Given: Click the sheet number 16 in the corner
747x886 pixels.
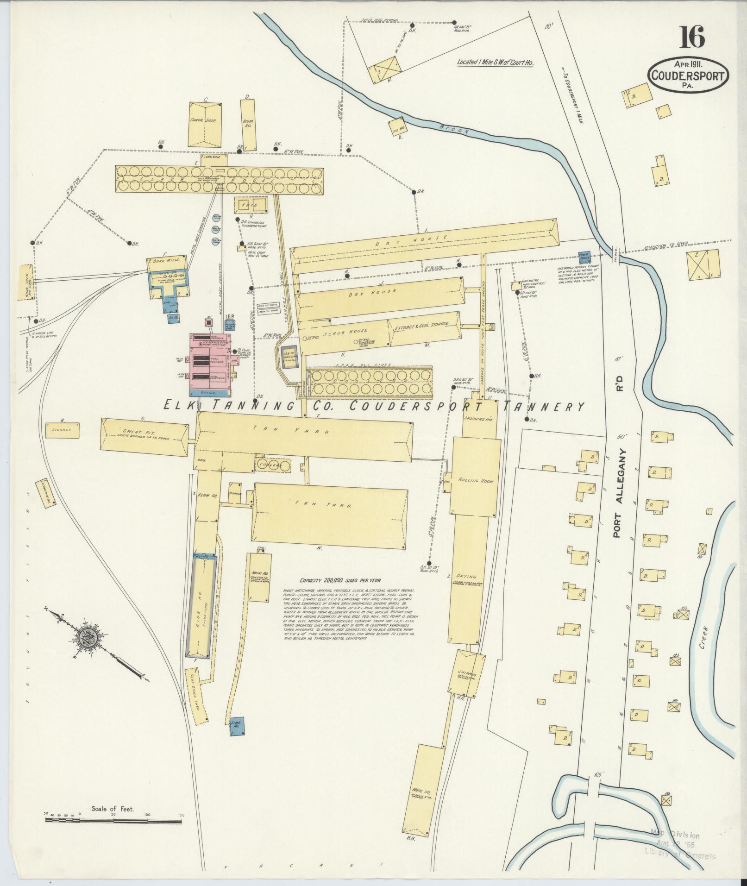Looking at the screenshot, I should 692,37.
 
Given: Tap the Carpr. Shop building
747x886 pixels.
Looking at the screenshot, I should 204,124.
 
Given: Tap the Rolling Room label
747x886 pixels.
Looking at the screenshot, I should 476,481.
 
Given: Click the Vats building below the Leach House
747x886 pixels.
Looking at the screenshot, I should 252,204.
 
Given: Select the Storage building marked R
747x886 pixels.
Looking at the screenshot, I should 62,430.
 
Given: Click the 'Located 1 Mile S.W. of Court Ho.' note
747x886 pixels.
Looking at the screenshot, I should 495,62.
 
